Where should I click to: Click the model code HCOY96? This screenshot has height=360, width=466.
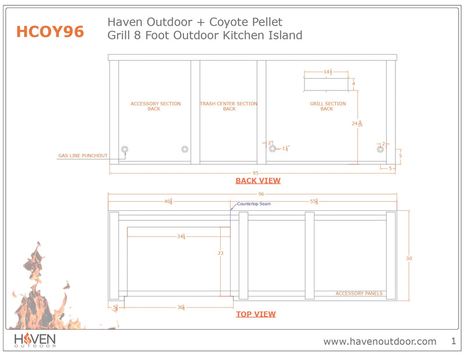[50, 31]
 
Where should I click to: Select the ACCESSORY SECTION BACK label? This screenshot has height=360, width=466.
[156, 106]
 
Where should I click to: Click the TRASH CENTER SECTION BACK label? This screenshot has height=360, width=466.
[228, 106]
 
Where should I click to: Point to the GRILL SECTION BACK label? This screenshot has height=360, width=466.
[327, 106]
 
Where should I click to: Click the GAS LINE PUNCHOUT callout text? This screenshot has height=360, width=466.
[83, 156]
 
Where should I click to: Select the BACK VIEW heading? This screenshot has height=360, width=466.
[257, 181]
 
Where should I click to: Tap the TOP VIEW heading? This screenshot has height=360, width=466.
[256, 314]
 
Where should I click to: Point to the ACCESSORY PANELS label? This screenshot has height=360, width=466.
[359, 294]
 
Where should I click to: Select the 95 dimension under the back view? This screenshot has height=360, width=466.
[255, 172]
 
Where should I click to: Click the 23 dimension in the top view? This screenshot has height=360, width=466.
[221, 253]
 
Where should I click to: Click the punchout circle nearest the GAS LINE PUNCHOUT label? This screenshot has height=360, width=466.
[125, 149]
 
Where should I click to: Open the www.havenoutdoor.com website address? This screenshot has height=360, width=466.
[379, 341]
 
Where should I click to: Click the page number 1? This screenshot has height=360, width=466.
[453, 341]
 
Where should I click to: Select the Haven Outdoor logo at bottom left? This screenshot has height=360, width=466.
[36, 339]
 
